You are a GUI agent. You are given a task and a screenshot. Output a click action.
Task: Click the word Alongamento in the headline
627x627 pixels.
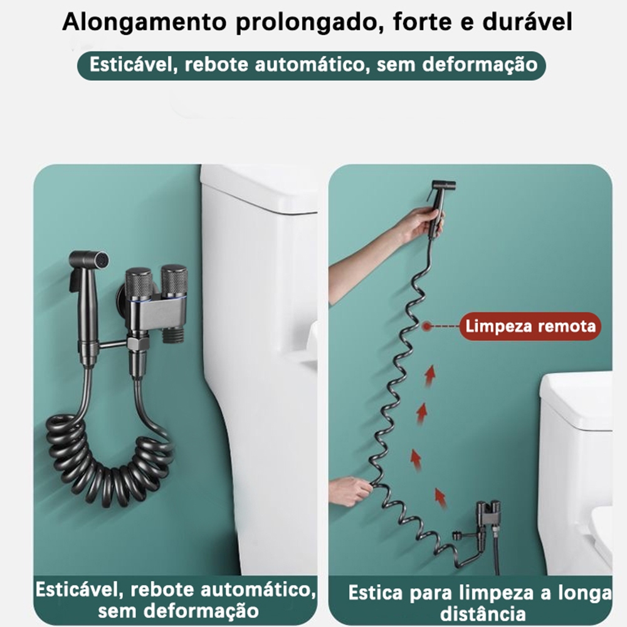pos(144,23)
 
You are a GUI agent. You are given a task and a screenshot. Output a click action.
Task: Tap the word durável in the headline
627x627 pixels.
pos(527,21)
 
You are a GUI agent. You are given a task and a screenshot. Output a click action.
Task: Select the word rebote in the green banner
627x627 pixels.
pos(216,65)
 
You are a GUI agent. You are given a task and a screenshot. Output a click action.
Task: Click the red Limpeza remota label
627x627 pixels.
pos(530,326)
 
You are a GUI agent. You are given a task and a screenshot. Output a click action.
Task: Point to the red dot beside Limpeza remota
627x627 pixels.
pos(426,326)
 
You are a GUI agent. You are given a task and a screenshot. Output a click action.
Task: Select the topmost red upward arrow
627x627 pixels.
pos(429,376)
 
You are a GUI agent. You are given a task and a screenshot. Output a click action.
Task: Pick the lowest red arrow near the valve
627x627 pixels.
pos(440,498)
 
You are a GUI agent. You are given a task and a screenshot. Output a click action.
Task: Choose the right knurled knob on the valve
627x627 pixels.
pos(174,280)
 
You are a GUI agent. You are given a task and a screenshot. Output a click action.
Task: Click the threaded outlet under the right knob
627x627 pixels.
pos(174,334)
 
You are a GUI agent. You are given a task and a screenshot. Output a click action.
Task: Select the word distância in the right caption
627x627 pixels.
pos(483,614)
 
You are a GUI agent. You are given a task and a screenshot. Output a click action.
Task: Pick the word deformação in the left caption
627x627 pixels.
pos(201,611)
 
